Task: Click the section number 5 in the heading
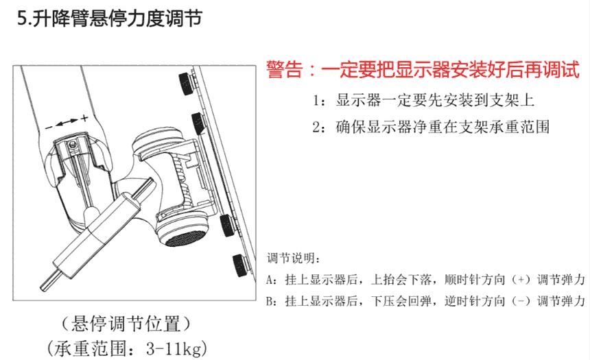point(23,18)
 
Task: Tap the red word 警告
point(285,69)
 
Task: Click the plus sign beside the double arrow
point(84,118)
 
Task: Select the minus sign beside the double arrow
point(49,128)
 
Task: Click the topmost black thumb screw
point(186,82)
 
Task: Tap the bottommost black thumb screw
point(239,265)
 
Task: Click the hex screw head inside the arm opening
point(73,143)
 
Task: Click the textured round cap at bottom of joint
point(185,238)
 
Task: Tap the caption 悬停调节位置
point(126,324)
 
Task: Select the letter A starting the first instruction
point(270,280)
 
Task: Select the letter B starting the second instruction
point(270,302)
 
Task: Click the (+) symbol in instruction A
point(521,280)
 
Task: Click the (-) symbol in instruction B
point(521,301)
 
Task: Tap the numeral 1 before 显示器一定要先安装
point(316,101)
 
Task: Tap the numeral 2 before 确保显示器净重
point(316,128)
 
